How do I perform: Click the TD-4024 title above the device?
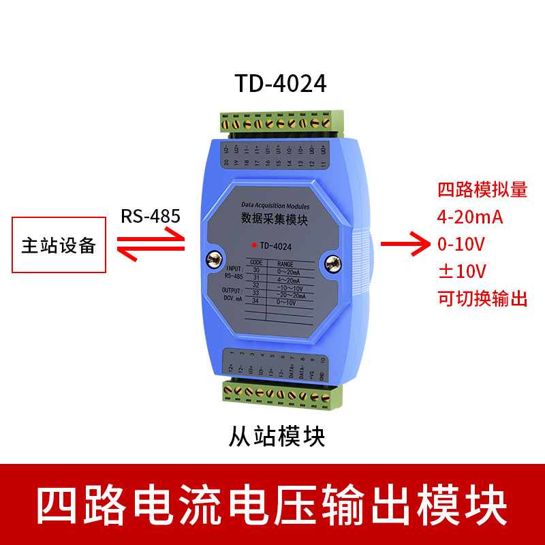click(x=281, y=83)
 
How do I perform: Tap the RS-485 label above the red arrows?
click(x=151, y=217)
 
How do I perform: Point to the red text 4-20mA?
click(x=470, y=217)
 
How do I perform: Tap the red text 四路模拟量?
click(x=482, y=189)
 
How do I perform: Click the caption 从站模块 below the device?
click(x=277, y=435)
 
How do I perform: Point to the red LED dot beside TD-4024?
click(x=254, y=245)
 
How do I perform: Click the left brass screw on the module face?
click(x=213, y=259)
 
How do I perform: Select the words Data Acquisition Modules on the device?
click(x=275, y=205)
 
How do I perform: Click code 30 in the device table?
click(x=256, y=270)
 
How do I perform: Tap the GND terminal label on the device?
click(x=322, y=376)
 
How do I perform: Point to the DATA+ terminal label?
click(x=291, y=371)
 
